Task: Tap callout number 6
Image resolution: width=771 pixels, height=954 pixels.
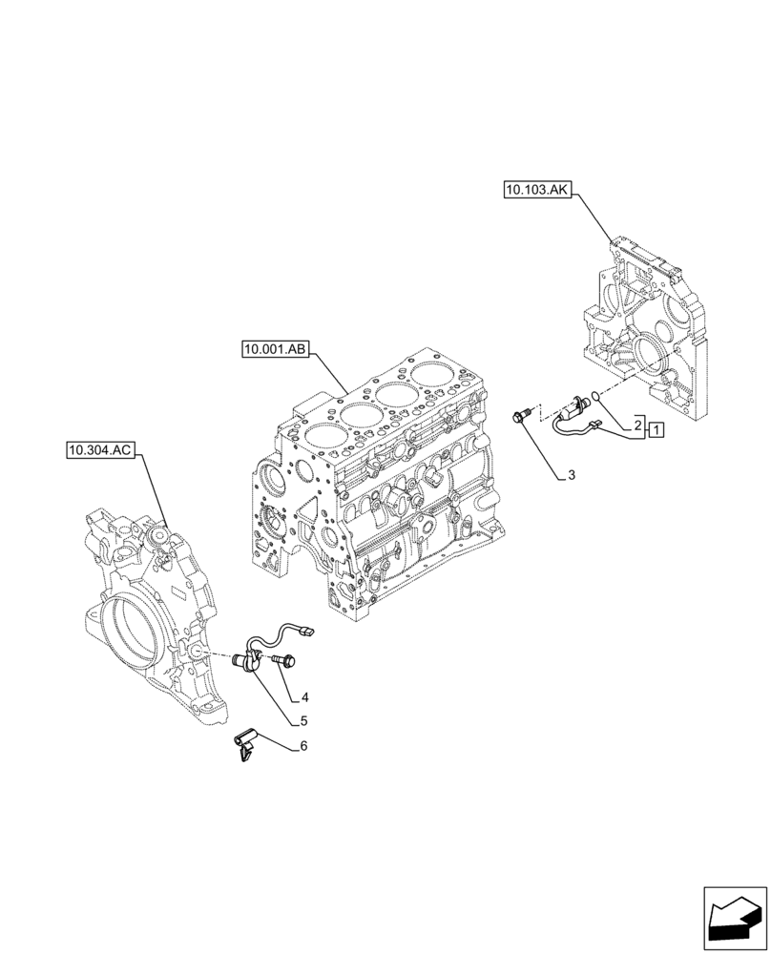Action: (x=303, y=746)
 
